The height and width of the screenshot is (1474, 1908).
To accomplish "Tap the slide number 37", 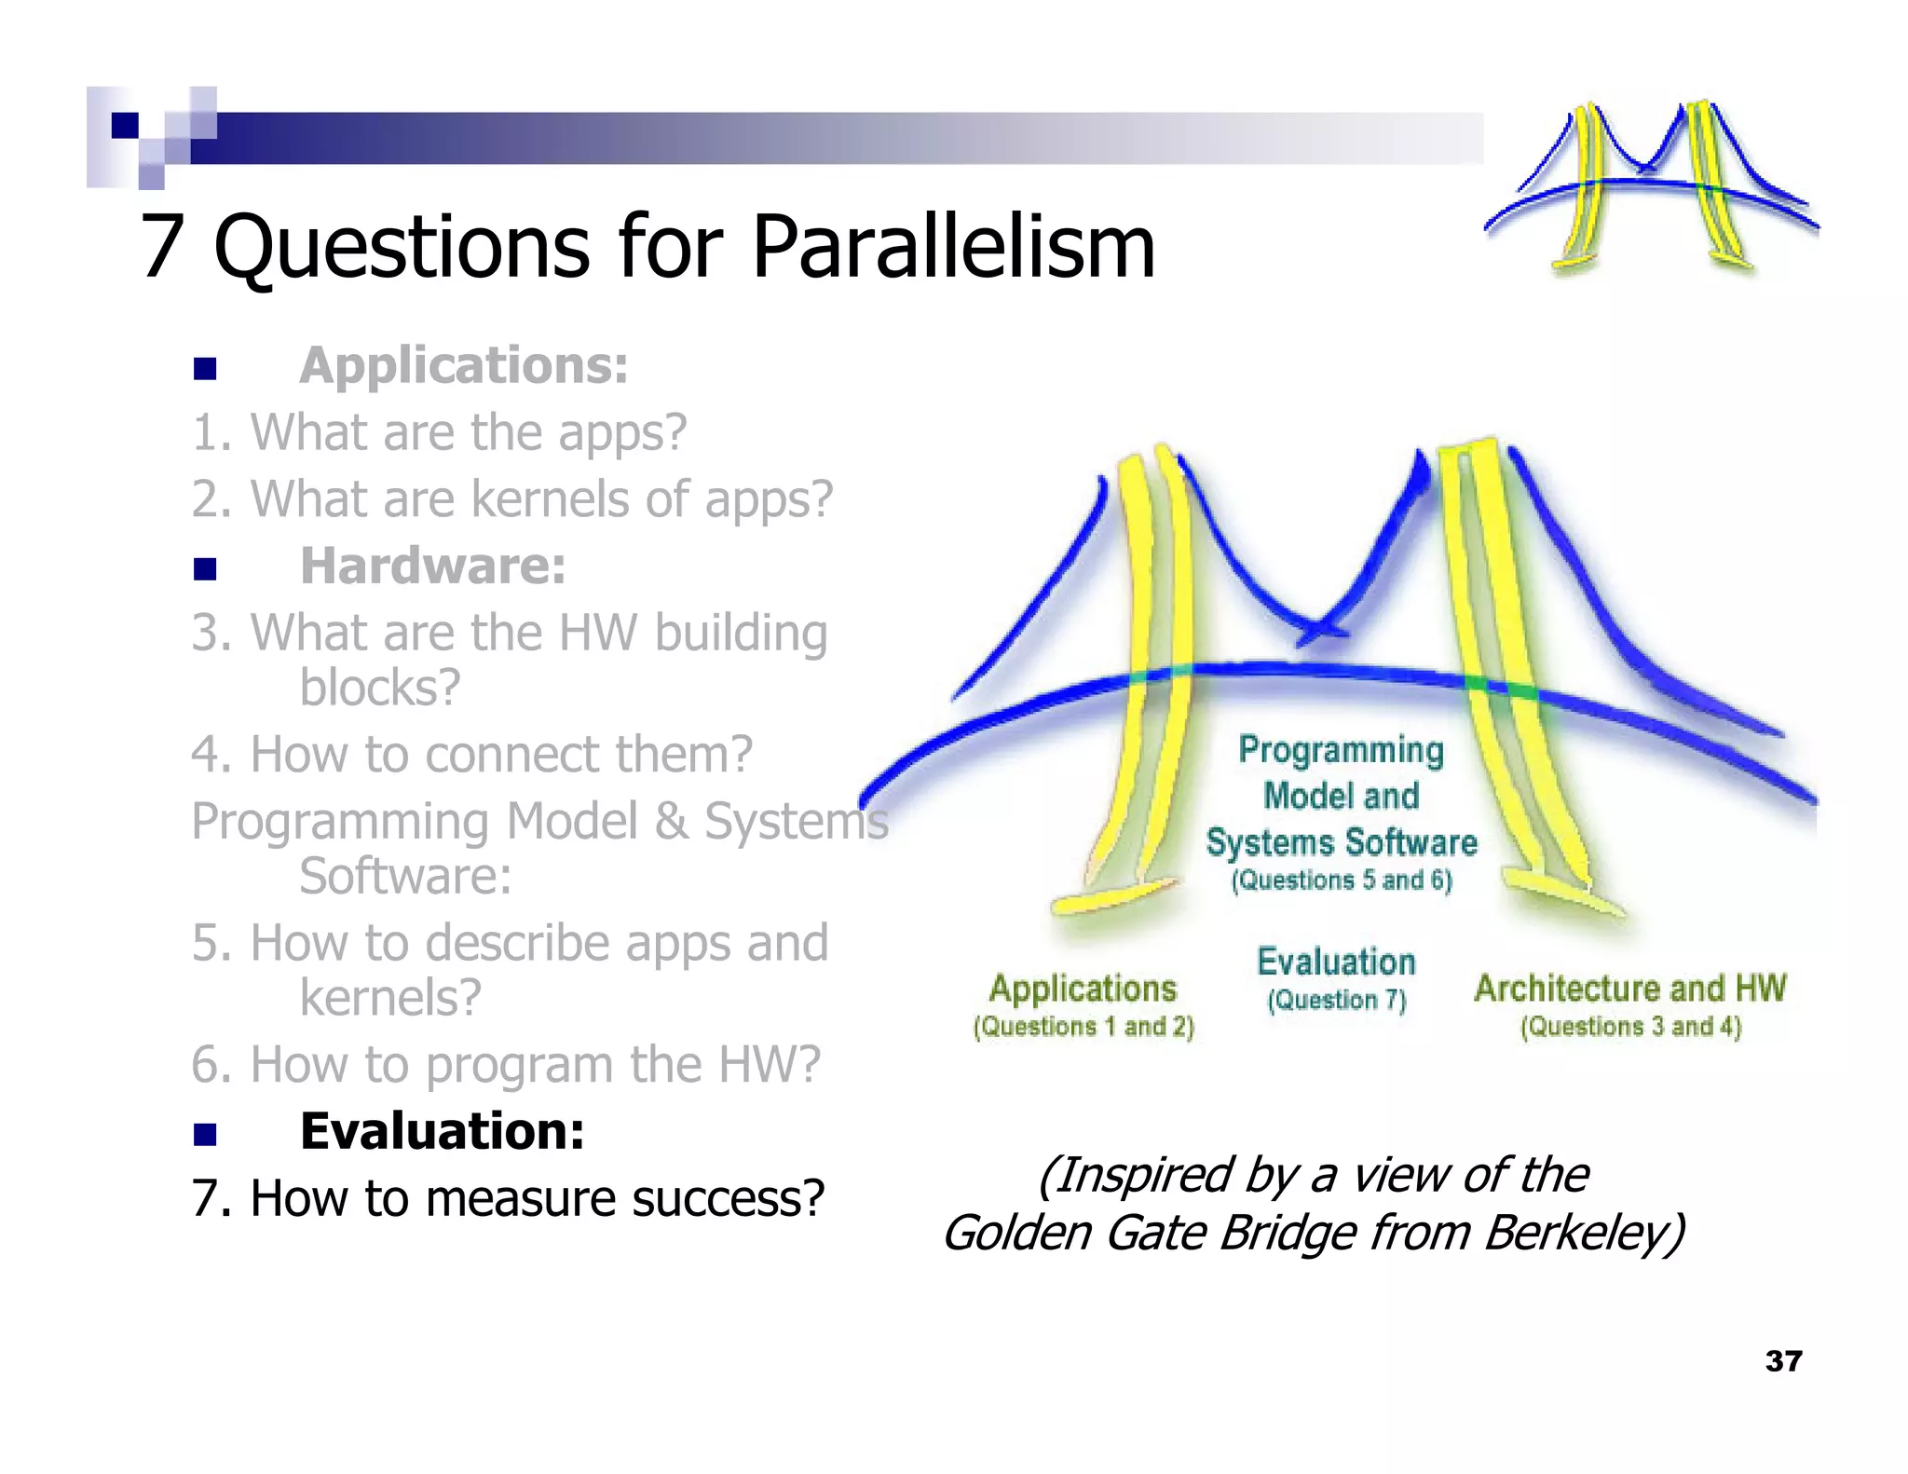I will point(1783,1361).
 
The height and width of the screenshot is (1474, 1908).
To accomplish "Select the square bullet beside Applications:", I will point(205,369).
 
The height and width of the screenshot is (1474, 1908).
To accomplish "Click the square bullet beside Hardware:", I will point(205,568).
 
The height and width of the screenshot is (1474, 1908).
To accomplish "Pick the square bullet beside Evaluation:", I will point(205,1134).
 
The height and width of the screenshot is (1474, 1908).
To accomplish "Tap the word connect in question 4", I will point(515,754).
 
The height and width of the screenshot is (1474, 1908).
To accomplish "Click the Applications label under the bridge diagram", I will point(1083,989).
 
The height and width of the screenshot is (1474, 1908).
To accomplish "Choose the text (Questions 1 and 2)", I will point(1083,1027).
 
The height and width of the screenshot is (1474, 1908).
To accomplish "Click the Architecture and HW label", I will point(1629,989).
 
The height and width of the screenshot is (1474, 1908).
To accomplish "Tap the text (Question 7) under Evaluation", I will point(1336,1001).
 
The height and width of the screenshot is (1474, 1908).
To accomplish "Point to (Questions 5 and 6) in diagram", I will point(1341,880).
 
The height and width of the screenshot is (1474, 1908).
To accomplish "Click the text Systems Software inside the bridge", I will point(1341,842).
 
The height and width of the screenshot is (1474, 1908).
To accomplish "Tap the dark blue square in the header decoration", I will point(125,125).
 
